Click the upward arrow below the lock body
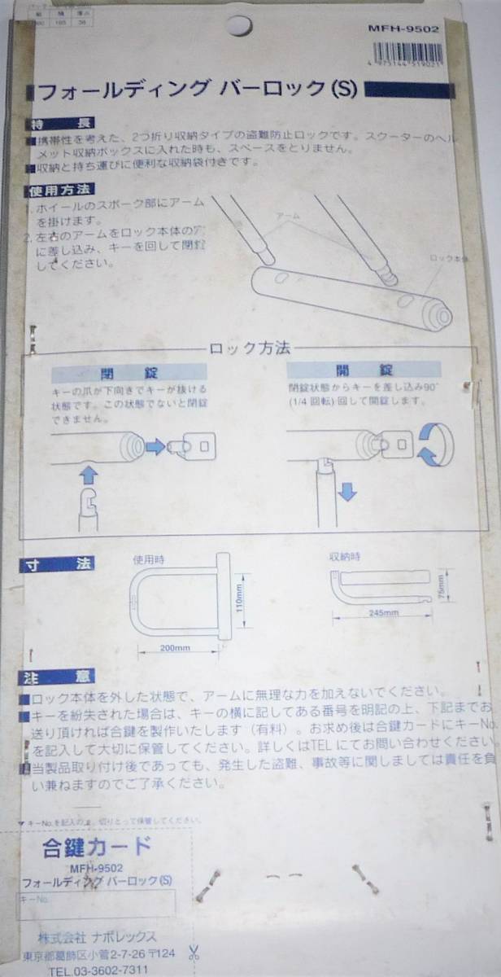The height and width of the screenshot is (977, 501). (89, 474)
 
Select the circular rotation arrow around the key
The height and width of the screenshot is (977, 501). (432, 445)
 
